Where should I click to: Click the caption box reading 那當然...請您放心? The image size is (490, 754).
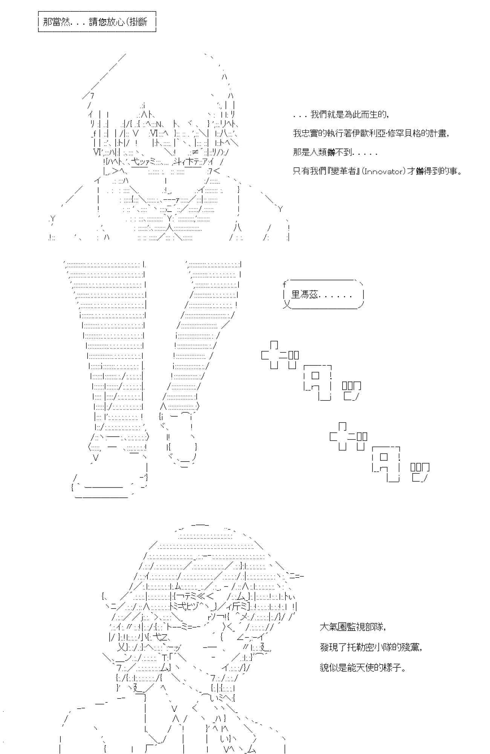pos(96,22)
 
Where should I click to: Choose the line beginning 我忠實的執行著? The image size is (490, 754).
pos(371,133)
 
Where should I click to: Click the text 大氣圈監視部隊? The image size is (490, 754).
pos(353,627)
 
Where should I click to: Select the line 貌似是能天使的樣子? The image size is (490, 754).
pos(363,668)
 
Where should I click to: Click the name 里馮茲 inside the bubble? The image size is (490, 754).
pos(305,295)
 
